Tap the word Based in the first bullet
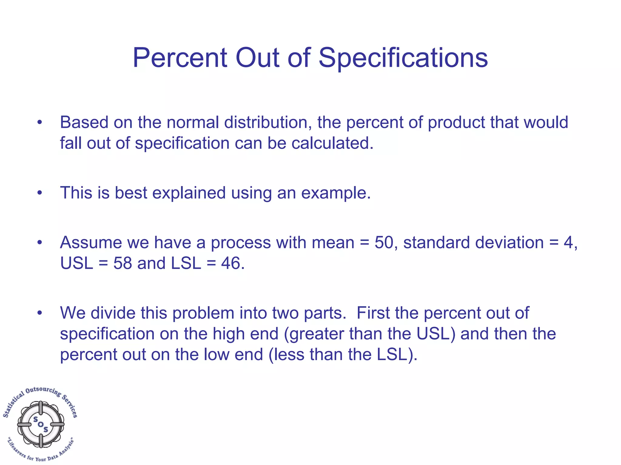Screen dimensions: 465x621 click(x=84, y=122)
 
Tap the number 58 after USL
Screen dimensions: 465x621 click(x=123, y=263)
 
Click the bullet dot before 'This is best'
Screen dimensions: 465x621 click(x=39, y=193)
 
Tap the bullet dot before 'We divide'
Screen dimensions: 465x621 click(x=39, y=313)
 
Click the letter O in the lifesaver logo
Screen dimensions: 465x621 click(x=41, y=424)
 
